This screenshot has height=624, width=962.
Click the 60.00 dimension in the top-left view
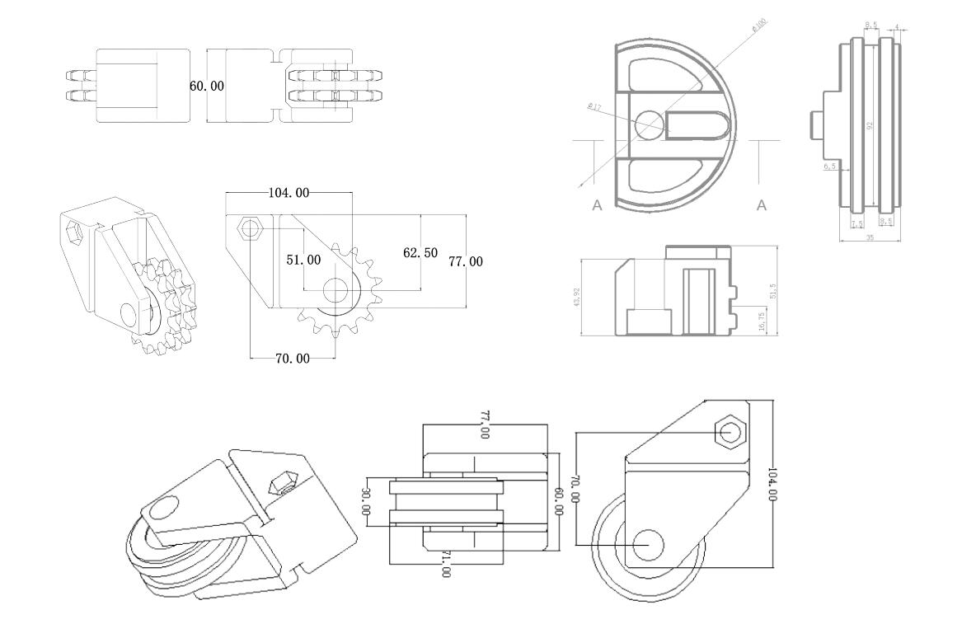207,86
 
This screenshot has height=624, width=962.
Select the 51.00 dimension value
303,260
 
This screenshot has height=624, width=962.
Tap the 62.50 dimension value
420,253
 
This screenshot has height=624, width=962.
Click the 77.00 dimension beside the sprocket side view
465,262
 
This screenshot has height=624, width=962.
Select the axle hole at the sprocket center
335,289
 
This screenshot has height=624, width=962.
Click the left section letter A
597,206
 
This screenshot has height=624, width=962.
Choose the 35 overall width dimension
870,237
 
